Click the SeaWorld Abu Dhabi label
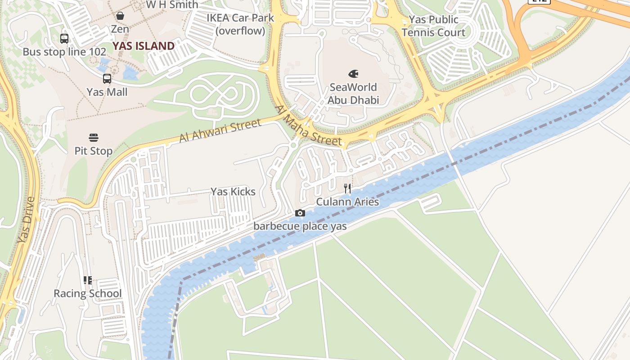tap(353, 94)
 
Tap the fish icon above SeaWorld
tap(353, 73)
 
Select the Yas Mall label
tap(107, 92)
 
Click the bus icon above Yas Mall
tap(107, 79)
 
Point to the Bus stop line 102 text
tap(64, 52)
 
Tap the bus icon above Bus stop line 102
tap(64, 39)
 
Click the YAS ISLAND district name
tap(144, 46)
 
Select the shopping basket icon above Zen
tap(120, 16)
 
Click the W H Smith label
tap(172, 5)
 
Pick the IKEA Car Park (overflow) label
tap(240, 24)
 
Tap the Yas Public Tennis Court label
tap(433, 26)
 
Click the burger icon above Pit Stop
tap(94, 137)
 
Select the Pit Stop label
tap(94, 151)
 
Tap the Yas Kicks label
tap(233, 192)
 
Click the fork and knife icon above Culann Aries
tap(347, 189)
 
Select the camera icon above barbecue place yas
tap(300, 213)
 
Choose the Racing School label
tap(88, 294)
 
